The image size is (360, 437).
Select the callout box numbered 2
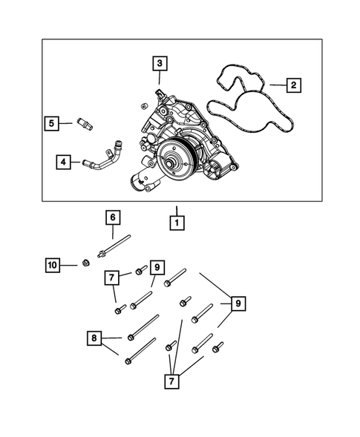tap(294, 86)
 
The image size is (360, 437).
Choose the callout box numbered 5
tap(51, 123)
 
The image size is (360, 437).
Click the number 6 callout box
tap(112, 217)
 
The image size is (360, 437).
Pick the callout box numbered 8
tap(94, 339)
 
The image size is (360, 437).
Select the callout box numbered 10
tap(52, 265)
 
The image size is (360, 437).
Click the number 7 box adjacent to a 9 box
tap(112, 278)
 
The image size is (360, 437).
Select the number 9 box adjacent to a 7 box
tap(155, 267)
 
